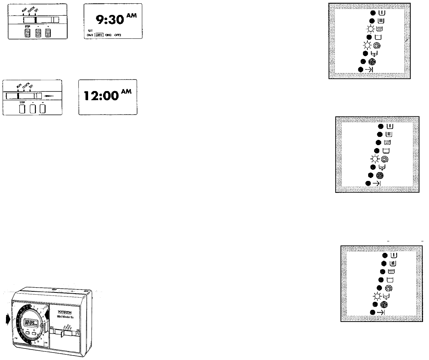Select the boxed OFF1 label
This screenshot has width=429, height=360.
pos(98,35)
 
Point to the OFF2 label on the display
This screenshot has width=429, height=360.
pos(119,35)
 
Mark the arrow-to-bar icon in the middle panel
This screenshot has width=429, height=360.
pos(377,183)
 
